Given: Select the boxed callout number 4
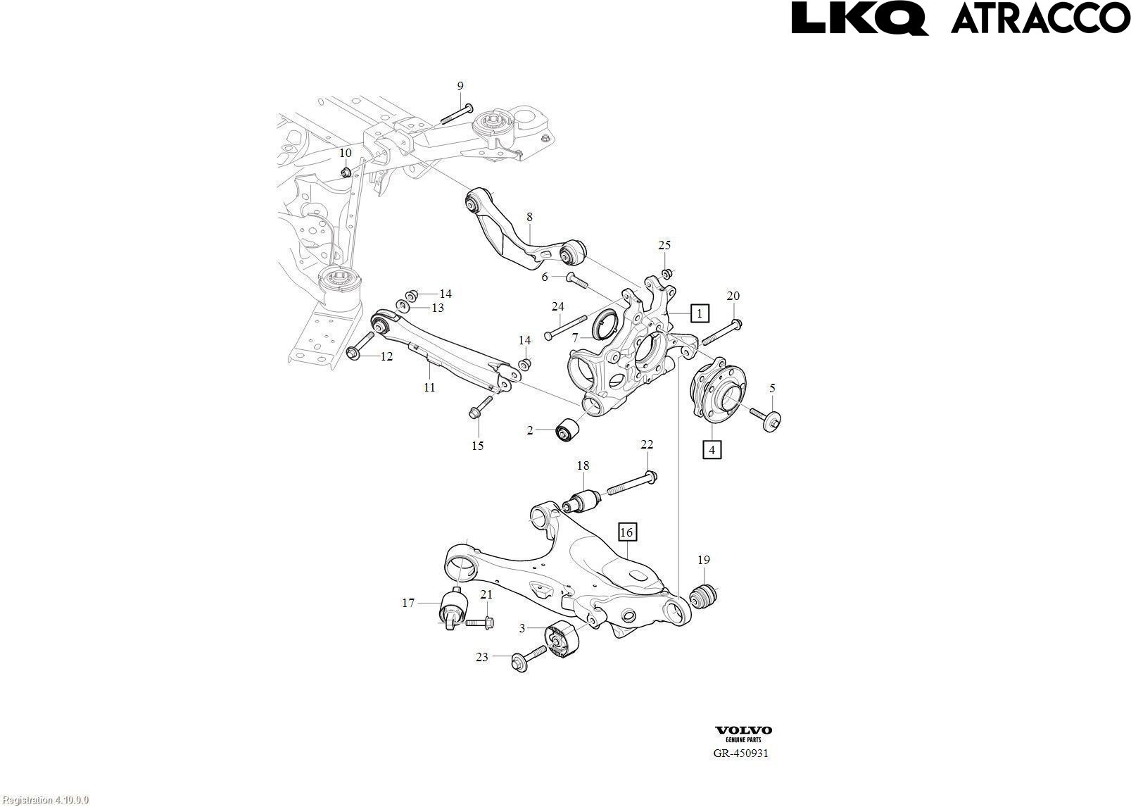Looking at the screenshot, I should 712,449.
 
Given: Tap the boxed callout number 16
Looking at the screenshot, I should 626,532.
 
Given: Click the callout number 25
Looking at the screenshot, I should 664,245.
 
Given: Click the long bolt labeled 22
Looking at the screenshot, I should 629,484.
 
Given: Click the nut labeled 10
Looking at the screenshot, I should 346,172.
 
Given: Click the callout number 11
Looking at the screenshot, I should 429,387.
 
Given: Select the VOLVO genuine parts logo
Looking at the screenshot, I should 743,734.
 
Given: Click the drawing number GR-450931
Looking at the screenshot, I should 741,753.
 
